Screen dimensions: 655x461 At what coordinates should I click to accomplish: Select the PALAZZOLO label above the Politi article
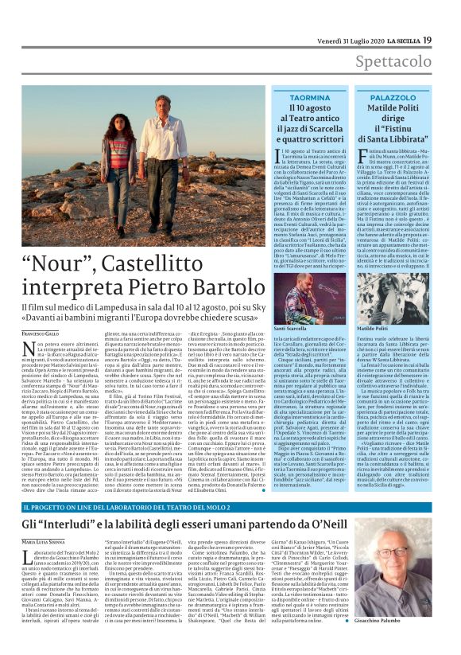(x=393, y=96)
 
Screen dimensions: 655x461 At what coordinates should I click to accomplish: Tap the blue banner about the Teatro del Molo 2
(x=230, y=506)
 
